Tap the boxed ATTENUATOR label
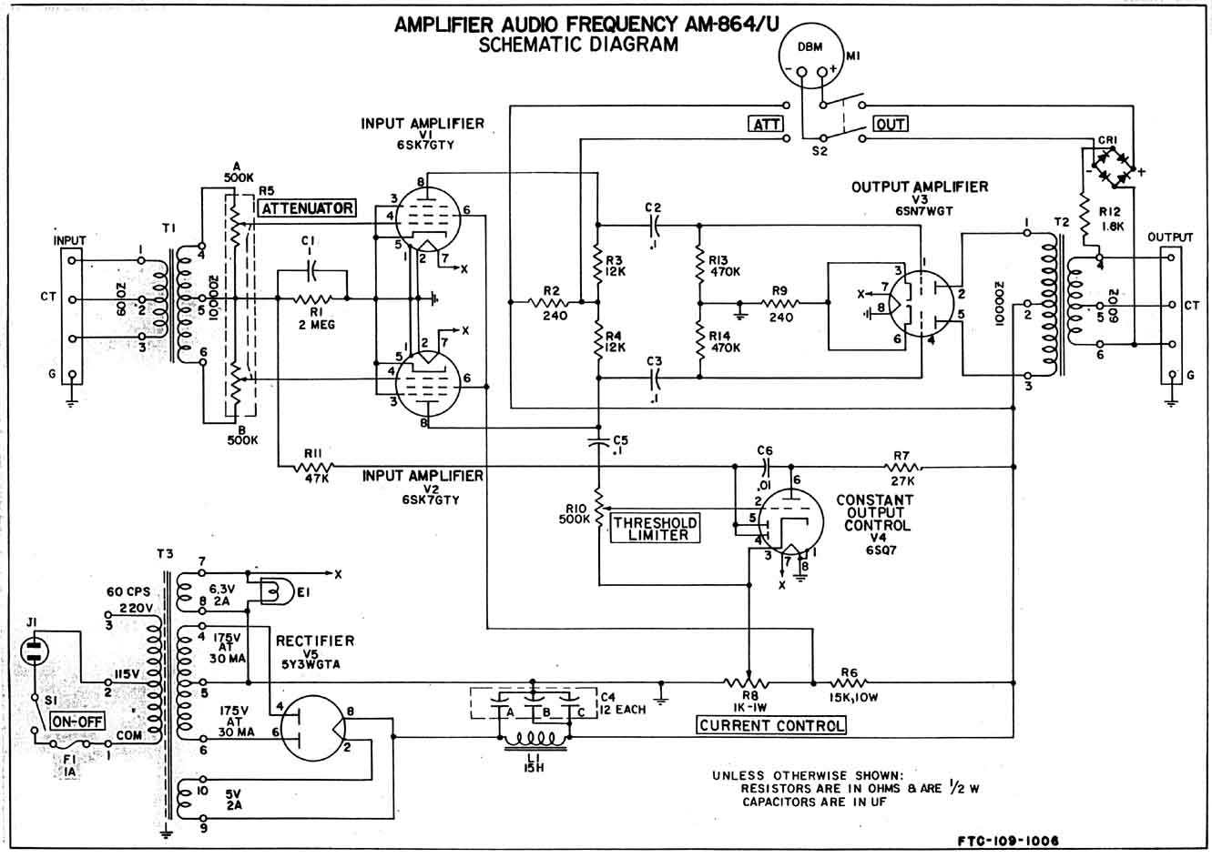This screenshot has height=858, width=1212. pos(307,208)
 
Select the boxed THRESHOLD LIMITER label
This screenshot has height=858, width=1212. pos(656,529)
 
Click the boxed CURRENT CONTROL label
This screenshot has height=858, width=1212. pos(771,725)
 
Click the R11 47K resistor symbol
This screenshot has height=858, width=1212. pos(312,468)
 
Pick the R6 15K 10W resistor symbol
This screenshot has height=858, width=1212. pos(849,681)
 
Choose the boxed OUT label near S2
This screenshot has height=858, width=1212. pos(891,124)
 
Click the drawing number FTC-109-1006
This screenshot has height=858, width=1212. pos(1008,842)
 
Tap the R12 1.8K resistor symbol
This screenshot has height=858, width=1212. pos(1084,217)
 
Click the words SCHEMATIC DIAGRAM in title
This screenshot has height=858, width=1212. pos(578,45)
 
